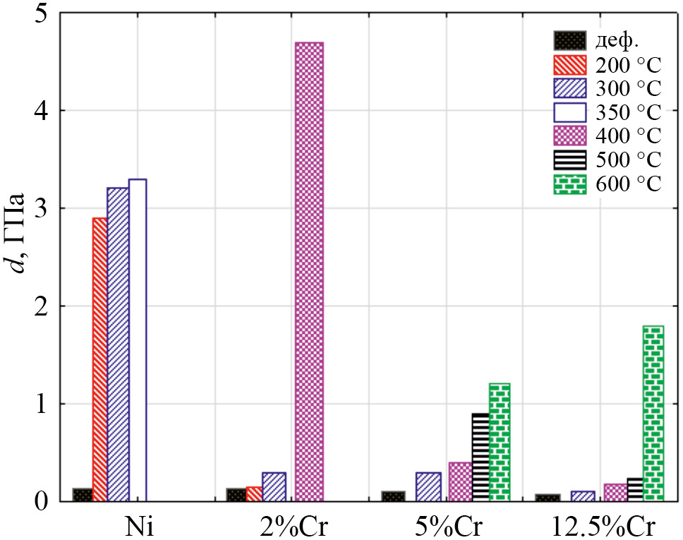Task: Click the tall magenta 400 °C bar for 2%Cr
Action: point(309,272)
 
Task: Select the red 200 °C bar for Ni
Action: point(99,359)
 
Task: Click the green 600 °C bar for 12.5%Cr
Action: point(653,413)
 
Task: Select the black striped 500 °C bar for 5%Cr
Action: point(480,457)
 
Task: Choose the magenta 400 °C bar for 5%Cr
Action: point(460,481)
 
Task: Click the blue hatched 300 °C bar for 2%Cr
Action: point(273,486)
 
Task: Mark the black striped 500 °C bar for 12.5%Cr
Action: point(635,489)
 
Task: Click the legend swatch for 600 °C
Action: point(569,186)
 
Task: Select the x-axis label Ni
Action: point(137,527)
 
